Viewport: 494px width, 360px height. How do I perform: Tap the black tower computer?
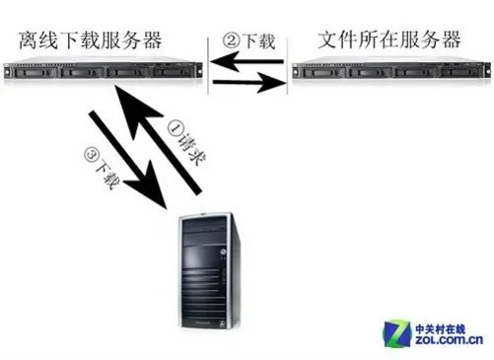(x=202, y=272)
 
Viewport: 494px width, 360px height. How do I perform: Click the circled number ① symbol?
(x=175, y=128)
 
